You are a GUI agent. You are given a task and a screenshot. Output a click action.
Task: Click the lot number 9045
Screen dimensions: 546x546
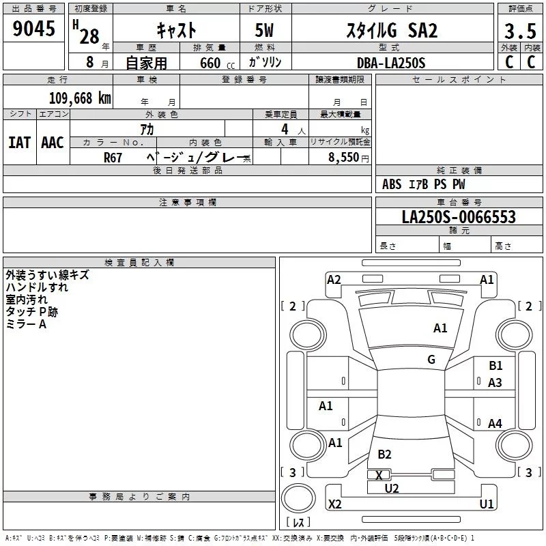(x=33, y=29)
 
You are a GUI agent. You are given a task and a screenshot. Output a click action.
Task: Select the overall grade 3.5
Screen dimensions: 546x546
(x=520, y=31)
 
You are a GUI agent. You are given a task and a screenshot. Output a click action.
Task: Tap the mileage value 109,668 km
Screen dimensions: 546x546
(x=80, y=98)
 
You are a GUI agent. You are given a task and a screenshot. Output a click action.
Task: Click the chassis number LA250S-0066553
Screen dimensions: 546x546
(x=459, y=217)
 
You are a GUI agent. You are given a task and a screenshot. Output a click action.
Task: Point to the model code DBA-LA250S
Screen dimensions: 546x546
(x=391, y=63)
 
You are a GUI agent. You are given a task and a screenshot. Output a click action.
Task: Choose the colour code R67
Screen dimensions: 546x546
(x=113, y=158)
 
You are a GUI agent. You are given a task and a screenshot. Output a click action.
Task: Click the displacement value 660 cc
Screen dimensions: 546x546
(x=217, y=63)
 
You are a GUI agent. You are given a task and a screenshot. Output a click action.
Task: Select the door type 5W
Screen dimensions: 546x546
(x=264, y=30)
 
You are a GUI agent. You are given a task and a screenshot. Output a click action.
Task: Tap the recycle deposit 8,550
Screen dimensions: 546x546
(x=344, y=158)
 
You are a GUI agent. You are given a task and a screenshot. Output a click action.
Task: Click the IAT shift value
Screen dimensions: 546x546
(x=20, y=143)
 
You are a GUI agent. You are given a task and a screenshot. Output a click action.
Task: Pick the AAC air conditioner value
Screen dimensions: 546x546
(x=53, y=143)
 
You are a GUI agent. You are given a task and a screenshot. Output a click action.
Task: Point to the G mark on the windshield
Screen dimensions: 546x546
(x=431, y=359)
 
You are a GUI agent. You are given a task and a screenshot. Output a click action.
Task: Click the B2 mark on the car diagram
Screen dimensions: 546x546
(x=384, y=454)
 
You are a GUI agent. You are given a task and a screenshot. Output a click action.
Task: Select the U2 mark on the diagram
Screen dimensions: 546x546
(x=391, y=488)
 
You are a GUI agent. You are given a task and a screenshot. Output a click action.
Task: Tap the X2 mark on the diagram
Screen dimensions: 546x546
(x=334, y=504)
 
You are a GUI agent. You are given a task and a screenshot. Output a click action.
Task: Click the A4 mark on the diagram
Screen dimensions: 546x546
(x=495, y=423)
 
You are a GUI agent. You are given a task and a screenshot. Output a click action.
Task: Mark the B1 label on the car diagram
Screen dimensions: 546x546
(x=495, y=366)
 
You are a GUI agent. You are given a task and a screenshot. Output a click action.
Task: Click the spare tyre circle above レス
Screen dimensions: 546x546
(x=298, y=498)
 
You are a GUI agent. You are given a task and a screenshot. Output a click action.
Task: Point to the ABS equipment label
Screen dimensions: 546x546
(x=392, y=184)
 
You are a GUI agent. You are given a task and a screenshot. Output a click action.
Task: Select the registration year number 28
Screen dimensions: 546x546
(x=89, y=37)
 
